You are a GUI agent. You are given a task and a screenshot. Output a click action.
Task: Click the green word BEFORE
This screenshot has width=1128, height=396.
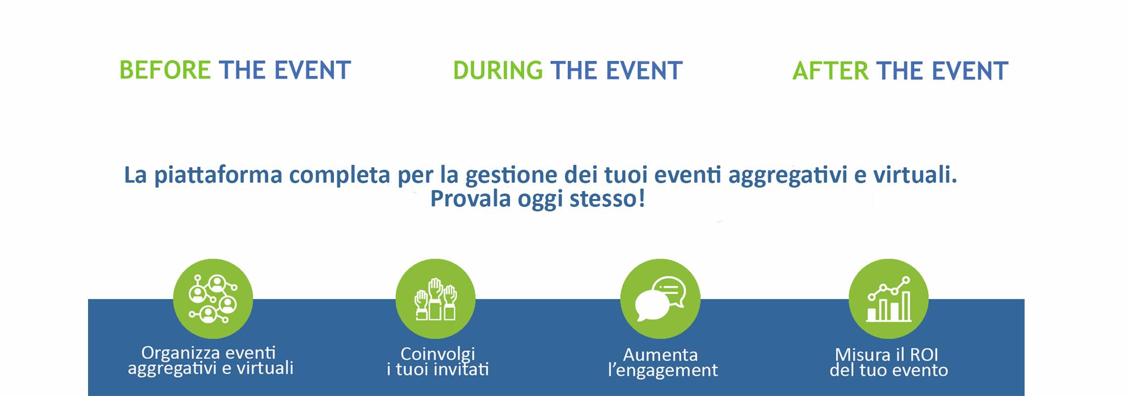point(165,70)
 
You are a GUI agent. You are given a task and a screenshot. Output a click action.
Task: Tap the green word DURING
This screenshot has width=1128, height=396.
point(498,70)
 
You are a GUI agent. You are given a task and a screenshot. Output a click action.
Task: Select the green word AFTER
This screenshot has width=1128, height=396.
point(830,71)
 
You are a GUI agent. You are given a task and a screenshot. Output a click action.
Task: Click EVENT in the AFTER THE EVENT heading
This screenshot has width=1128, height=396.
point(970,71)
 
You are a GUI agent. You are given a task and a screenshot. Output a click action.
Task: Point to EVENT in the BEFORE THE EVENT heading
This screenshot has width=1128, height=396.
point(313,70)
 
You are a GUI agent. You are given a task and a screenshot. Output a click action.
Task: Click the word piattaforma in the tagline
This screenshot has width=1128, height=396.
point(218,175)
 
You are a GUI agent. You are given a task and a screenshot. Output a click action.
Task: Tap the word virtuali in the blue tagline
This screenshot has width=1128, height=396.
point(915,174)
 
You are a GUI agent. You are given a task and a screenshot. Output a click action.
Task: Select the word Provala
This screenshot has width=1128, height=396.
point(470,199)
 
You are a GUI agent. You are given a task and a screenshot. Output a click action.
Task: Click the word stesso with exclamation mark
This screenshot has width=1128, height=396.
point(608,199)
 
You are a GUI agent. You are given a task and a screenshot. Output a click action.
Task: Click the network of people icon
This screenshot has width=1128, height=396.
point(213,298)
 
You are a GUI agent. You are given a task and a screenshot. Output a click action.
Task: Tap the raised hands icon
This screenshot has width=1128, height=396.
point(435,298)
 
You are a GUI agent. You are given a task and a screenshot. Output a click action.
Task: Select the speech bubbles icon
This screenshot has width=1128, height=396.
point(660,298)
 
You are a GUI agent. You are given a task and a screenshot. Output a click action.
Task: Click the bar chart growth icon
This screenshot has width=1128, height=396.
point(889,298)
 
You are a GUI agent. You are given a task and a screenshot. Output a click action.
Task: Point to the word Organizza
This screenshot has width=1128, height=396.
point(181,353)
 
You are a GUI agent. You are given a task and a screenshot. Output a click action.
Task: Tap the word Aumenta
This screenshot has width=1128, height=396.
point(660,354)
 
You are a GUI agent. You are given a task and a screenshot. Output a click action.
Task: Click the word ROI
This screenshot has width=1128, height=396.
point(924,354)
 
